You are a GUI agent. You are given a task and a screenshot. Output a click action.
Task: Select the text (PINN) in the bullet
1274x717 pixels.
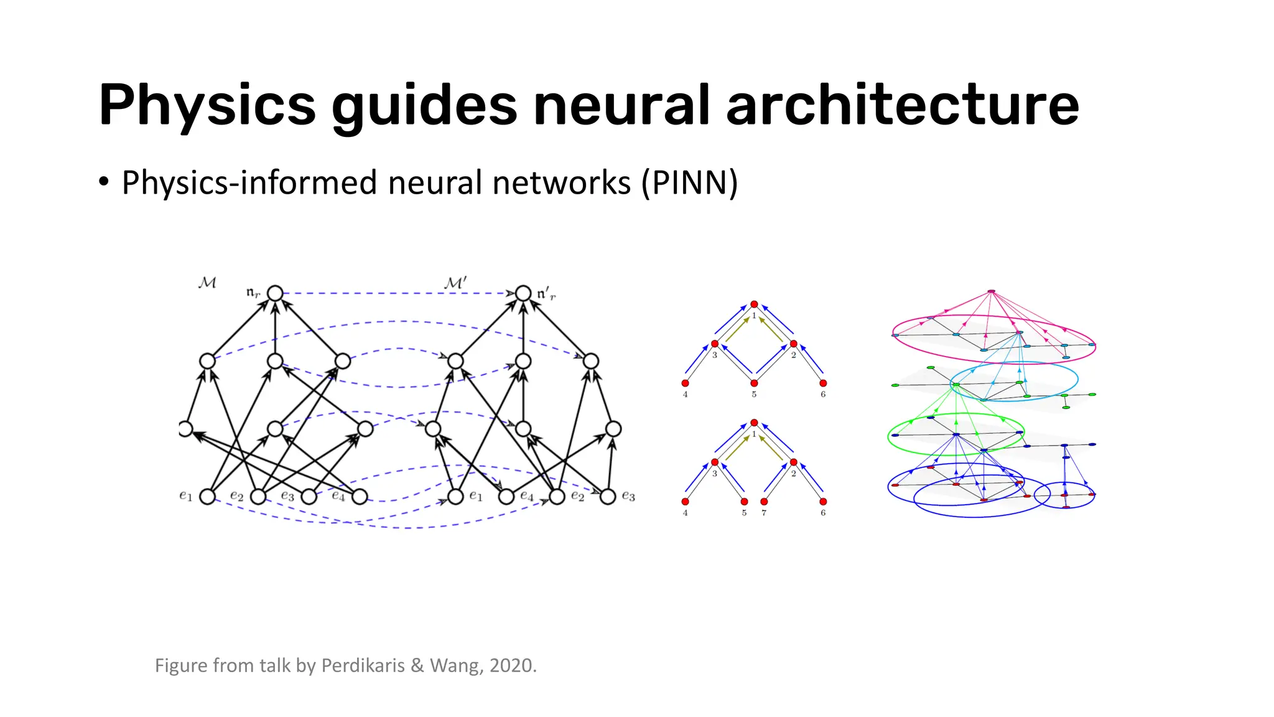[x=689, y=183]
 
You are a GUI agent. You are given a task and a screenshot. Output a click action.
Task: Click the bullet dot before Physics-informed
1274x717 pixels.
[x=104, y=182]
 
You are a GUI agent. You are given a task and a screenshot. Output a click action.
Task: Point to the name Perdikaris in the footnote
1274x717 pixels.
[x=363, y=665]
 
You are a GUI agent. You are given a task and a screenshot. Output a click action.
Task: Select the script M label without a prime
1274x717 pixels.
[x=207, y=283]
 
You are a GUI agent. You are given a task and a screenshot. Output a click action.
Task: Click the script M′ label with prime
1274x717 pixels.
[x=455, y=283]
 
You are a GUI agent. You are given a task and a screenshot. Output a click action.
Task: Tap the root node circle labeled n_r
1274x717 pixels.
[x=275, y=293]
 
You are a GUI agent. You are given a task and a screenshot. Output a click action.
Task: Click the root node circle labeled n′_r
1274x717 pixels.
[x=523, y=293]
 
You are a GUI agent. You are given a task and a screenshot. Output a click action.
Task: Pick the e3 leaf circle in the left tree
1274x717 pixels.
[x=309, y=497]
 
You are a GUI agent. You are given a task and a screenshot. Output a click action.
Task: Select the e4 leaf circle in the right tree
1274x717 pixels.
[x=506, y=497]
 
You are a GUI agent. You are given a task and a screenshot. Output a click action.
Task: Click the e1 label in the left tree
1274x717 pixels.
[x=185, y=496]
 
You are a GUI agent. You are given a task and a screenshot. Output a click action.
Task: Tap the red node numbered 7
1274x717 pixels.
[x=764, y=502]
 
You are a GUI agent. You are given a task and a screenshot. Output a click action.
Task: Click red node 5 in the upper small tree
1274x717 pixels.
[x=754, y=383]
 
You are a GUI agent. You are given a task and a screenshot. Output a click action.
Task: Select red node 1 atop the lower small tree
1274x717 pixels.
[x=754, y=423]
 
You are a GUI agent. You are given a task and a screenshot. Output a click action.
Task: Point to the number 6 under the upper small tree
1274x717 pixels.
[x=823, y=395]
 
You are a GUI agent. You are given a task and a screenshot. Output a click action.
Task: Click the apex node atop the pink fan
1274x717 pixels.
[x=991, y=291]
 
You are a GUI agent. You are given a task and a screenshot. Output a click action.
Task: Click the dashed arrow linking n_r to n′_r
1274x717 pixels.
[x=398, y=293]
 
